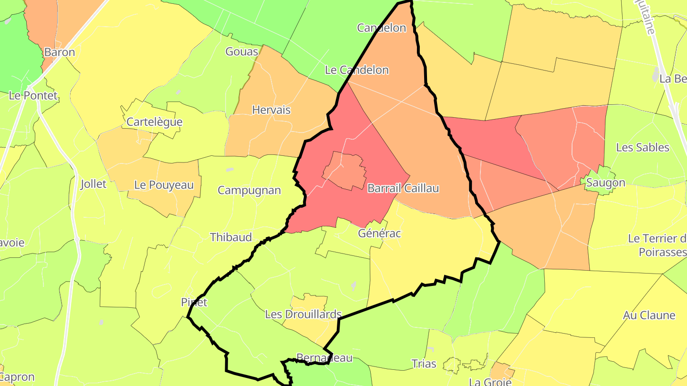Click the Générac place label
(x=379, y=234)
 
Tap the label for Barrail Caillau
(x=403, y=188)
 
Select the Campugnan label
(x=249, y=190)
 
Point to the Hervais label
(x=271, y=110)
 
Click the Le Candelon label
(x=356, y=70)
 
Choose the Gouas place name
(x=241, y=51)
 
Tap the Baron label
(x=59, y=52)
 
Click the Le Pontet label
(x=33, y=95)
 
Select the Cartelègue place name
(x=154, y=122)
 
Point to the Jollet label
(x=94, y=184)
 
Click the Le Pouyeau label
(x=164, y=184)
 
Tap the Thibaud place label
(x=231, y=237)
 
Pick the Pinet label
(x=194, y=302)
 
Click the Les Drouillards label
(x=303, y=314)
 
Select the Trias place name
(x=424, y=364)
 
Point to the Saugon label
(x=605, y=183)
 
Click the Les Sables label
(x=643, y=147)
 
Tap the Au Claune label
(x=649, y=315)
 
